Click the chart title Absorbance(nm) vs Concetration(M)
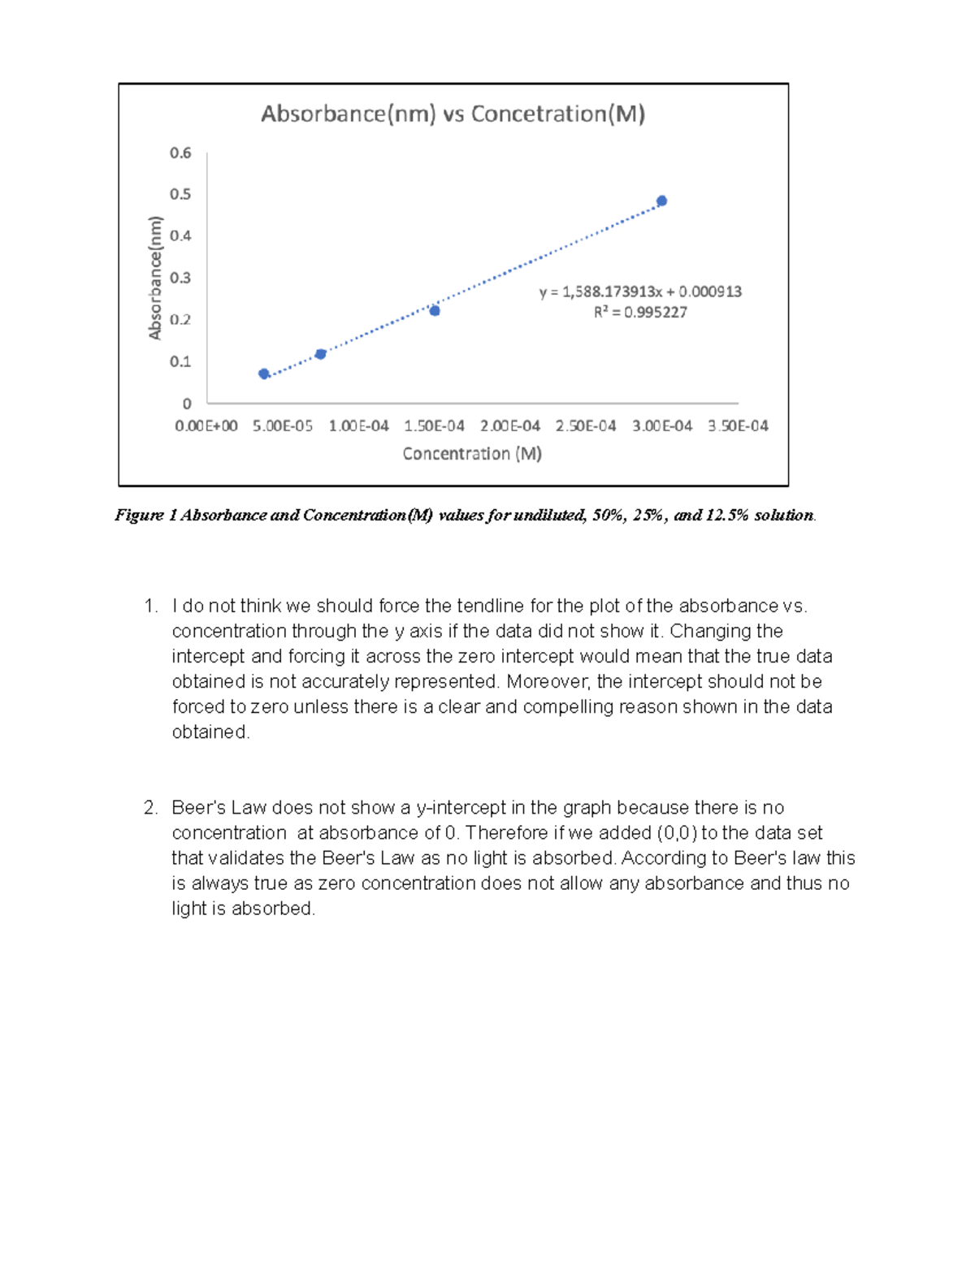tap(453, 114)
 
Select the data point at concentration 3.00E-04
tap(661, 201)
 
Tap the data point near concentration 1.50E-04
tap(435, 310)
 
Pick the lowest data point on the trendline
tap(264, 374)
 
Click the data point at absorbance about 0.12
tap(321, 354)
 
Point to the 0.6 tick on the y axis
tap(180, 153)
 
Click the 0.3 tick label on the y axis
tap(180, 278)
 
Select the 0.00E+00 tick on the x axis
tap(206, 425)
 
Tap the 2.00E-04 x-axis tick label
tap(509, 425)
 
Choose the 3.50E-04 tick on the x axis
tap(738, 425)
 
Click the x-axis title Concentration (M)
tap(472, 454)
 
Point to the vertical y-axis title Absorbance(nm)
tap(155, 278)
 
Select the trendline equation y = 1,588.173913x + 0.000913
tap(640, 291)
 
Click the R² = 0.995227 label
tap(640, 312)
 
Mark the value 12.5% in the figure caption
tap(723, 515)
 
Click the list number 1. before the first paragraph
tap(149, 606)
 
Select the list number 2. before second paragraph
tap(149, 808)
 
